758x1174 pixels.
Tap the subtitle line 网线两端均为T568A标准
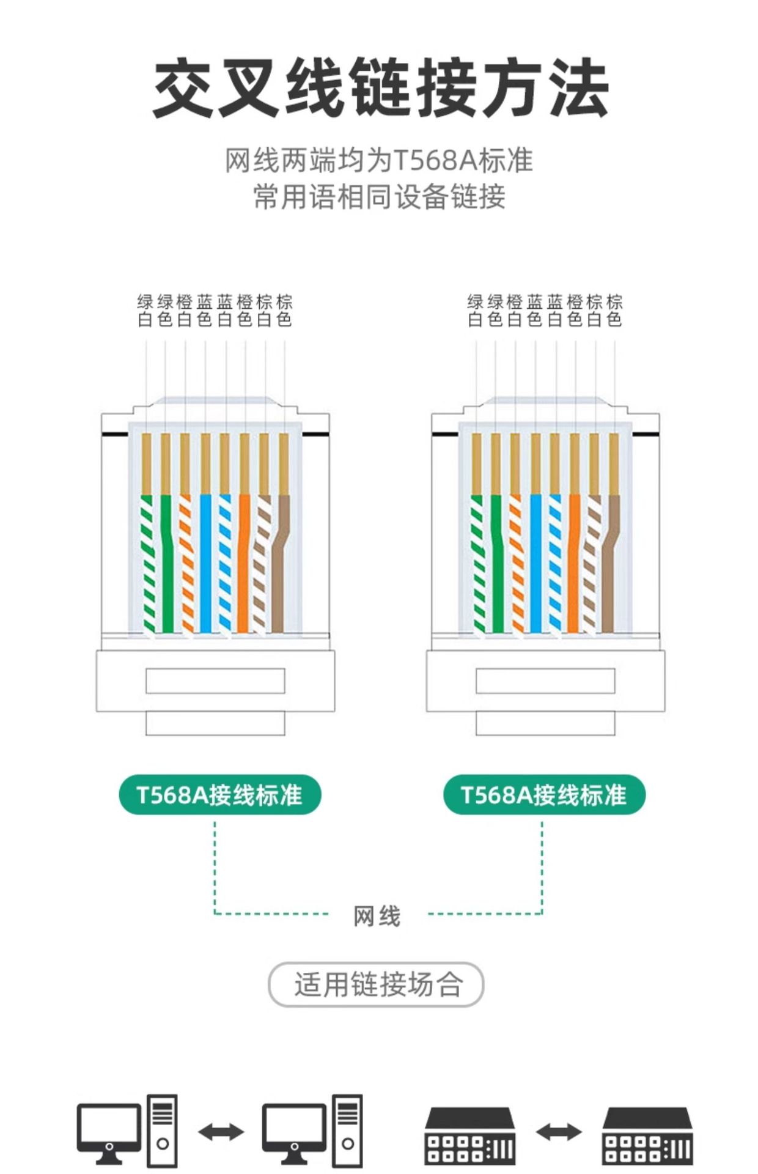point(379,160)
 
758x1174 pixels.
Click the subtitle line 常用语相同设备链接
point(379,197)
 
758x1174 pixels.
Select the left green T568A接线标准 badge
point(219,794)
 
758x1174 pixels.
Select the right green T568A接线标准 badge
point(544,794)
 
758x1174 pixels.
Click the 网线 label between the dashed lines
point(377,916)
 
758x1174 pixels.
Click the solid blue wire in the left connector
point(205,563)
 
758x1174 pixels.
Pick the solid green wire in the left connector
point(167,563)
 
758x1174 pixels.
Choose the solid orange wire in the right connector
point(573,563)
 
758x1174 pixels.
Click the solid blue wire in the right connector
point(535,563)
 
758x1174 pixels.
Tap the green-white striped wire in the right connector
point(479,563)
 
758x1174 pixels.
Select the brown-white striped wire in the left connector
point(260,563)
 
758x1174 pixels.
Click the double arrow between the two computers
point(221,1132)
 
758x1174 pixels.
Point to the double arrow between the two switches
point(558,1132)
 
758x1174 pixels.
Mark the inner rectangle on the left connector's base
point(215,681)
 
